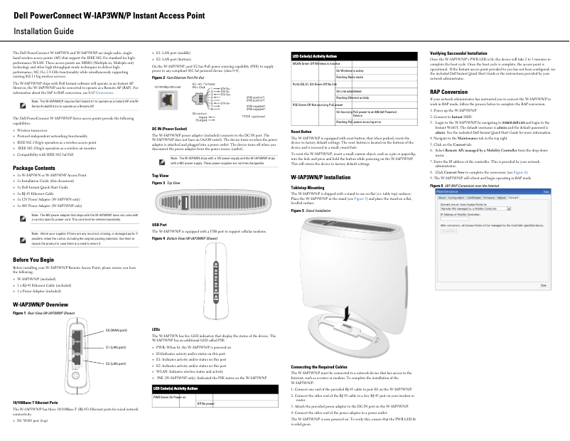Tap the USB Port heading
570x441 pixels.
[160, 225]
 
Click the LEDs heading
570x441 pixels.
[156, 329]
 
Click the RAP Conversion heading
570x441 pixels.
[453, 92]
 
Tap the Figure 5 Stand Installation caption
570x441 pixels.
[312, 211]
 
